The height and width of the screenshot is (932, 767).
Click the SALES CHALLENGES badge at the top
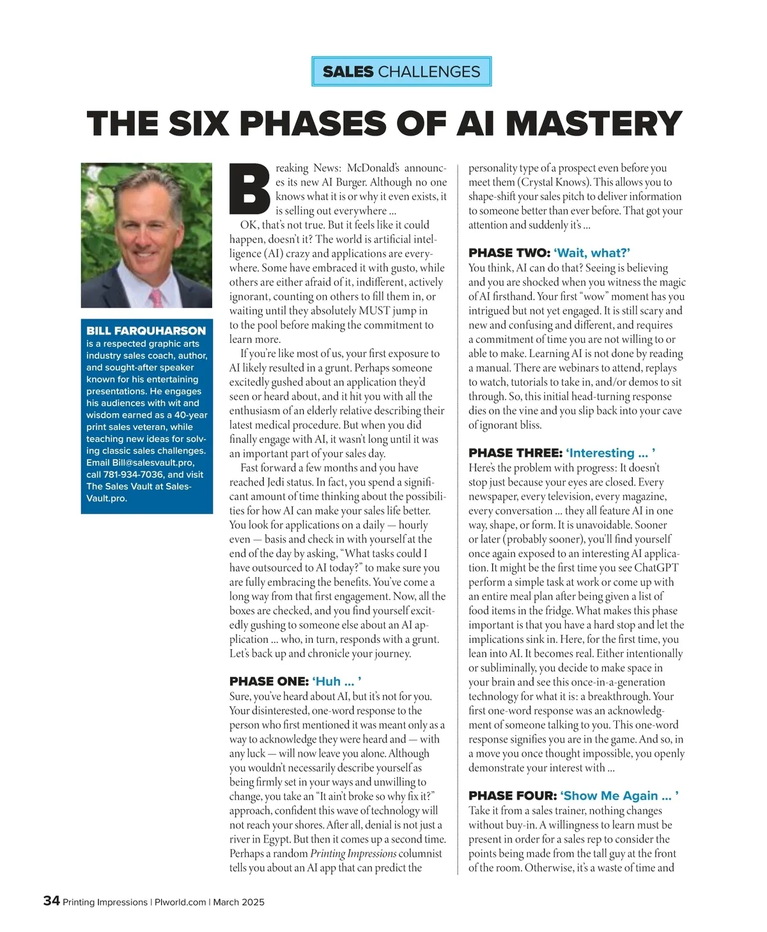coord(401,72)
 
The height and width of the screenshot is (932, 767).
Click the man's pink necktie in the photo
coord(156,298)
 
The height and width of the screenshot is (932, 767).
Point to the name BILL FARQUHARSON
coord(146,331)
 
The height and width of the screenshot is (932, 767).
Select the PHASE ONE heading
coord(296,681)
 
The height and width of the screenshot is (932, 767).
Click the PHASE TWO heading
coord(549,253)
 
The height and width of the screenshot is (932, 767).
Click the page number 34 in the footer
coord(51,901)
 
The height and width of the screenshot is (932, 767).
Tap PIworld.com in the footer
coord(180,902)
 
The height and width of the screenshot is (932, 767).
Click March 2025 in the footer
coord(238,902)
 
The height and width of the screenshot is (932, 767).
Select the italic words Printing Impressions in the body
coord(353,853)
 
